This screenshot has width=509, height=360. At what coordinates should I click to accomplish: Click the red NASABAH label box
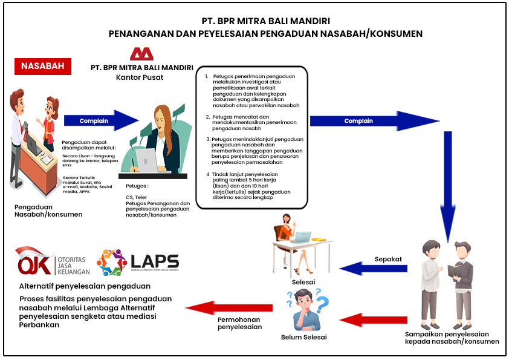tap(43, 67)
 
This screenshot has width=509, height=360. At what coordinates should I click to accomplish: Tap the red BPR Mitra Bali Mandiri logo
tap(141, 54)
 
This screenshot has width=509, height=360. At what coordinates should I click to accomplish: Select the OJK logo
tap(53, 261)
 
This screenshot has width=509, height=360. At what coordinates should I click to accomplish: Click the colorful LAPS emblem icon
tap(112, 262)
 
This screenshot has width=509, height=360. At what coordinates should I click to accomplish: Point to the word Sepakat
tap(388, 260)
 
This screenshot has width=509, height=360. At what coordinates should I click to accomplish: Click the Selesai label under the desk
tap(303, 282)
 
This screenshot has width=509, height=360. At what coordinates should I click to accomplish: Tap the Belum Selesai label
tap(304, 337)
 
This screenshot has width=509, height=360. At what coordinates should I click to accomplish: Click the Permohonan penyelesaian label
tap(239, 323)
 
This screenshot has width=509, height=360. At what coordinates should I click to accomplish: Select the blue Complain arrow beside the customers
tap(102, 120)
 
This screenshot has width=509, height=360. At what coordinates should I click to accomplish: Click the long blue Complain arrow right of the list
tap(375, 121)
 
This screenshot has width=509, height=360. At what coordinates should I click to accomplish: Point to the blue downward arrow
tap(448, 187)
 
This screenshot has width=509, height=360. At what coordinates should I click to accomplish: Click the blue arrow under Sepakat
tap(374, 269)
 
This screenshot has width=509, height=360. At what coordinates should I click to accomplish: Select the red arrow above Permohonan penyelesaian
tap(229, 308)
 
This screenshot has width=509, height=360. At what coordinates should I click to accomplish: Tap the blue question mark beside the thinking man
tap(322, 304)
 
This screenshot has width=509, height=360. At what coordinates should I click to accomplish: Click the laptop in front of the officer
tap(148, 160)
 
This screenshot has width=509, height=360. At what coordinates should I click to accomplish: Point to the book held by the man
tap(455, 270)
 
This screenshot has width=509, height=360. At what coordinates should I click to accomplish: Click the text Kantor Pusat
tap(140, 77)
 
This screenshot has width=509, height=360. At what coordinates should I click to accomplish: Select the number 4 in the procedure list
tap(208, 174)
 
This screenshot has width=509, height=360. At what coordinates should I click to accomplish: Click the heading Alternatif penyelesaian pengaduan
tap(85, 286)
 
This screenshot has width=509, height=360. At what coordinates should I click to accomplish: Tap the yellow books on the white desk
tap(319, 240)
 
